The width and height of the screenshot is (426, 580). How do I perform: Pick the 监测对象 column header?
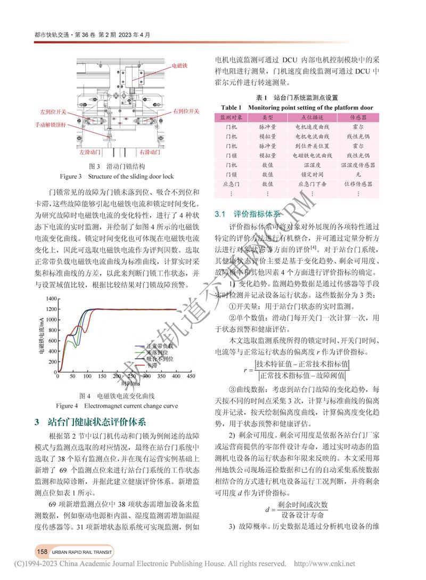[x=232, y=116]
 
